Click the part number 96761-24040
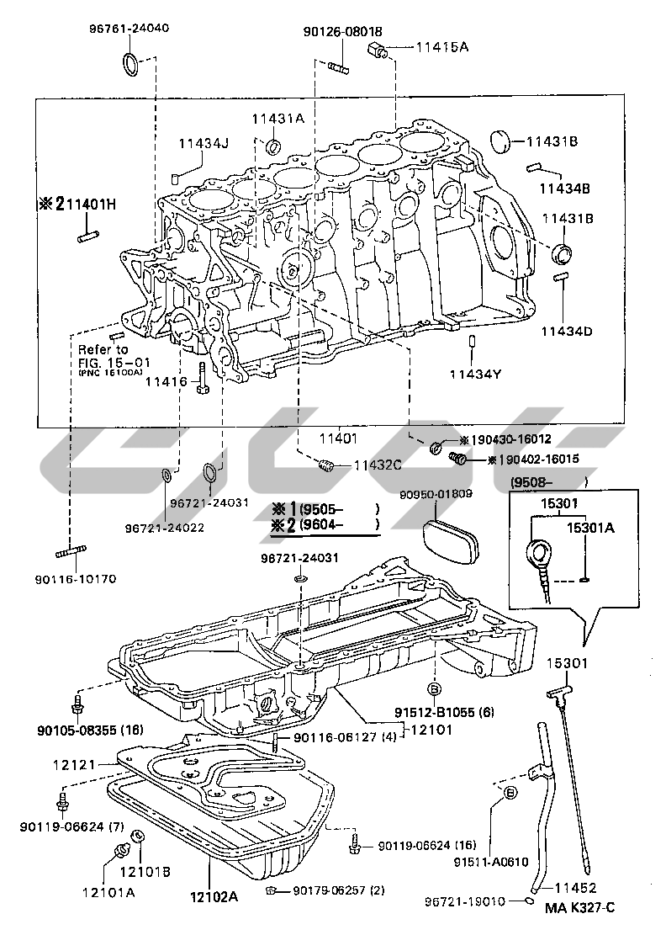point(129,27)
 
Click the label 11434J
point(203,143)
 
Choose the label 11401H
point(78,203)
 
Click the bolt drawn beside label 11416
point(203,378)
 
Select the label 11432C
point(378,464)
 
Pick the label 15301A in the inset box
point(589,529)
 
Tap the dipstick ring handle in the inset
point(536,555)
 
